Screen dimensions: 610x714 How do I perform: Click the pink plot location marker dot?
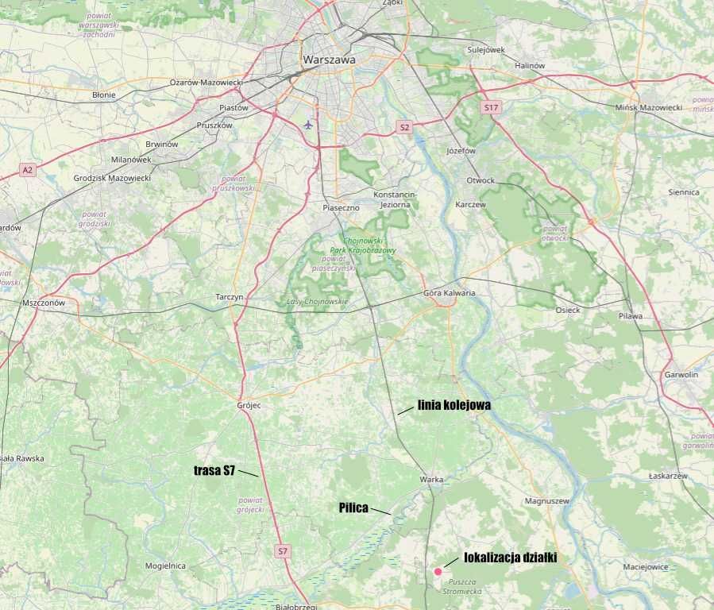tap(438, 571)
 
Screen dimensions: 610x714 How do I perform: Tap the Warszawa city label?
tap(329, 60)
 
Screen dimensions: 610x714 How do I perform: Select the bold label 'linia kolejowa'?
tap(453, 405)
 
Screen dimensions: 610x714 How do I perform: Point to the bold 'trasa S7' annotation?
tap(214, 470)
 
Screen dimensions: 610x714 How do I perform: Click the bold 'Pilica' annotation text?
tap(353, 508)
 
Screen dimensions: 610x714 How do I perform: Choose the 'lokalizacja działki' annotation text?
tap(510, 558)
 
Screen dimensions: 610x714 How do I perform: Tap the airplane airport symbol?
tap(308, 124)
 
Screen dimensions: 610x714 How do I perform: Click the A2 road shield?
tap(28, 170)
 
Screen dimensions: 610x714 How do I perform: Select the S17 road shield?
tap(491, 106)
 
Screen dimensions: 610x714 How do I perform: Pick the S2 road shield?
tap(404, 127)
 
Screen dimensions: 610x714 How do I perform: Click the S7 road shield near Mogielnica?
tap(282, 550)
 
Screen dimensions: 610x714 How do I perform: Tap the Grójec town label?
tap(249, 405)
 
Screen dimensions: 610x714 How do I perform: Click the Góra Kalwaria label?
tap(450, 293)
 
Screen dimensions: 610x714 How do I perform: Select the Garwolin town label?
tap(681, 374)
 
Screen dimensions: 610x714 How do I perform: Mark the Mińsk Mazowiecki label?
tap(649, 107)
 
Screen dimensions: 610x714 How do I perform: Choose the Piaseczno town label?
tap(341, 207)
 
